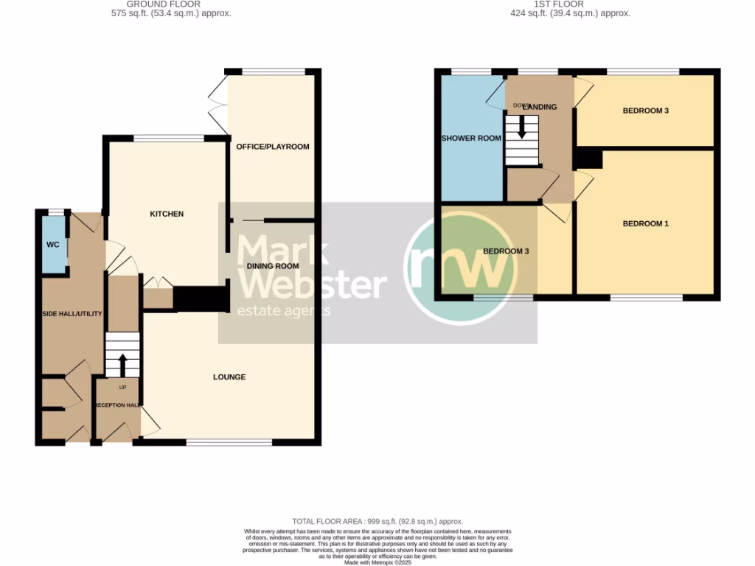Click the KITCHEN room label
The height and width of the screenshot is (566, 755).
point(167,214)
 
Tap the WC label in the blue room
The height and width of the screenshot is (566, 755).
point(53,245)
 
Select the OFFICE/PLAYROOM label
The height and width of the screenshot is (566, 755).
point(272,147)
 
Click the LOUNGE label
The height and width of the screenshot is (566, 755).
point(229,377)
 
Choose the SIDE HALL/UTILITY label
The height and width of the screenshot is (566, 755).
point(72,314)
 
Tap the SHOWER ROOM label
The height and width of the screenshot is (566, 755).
point(471,138)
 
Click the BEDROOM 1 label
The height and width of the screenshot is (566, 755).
point(645,224)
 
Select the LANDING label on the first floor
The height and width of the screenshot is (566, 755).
point(540,108)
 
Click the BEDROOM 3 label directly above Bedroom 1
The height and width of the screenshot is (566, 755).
point(645,111)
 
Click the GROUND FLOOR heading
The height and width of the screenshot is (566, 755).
point(173,4)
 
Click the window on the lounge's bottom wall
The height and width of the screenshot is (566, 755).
point(229,442)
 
